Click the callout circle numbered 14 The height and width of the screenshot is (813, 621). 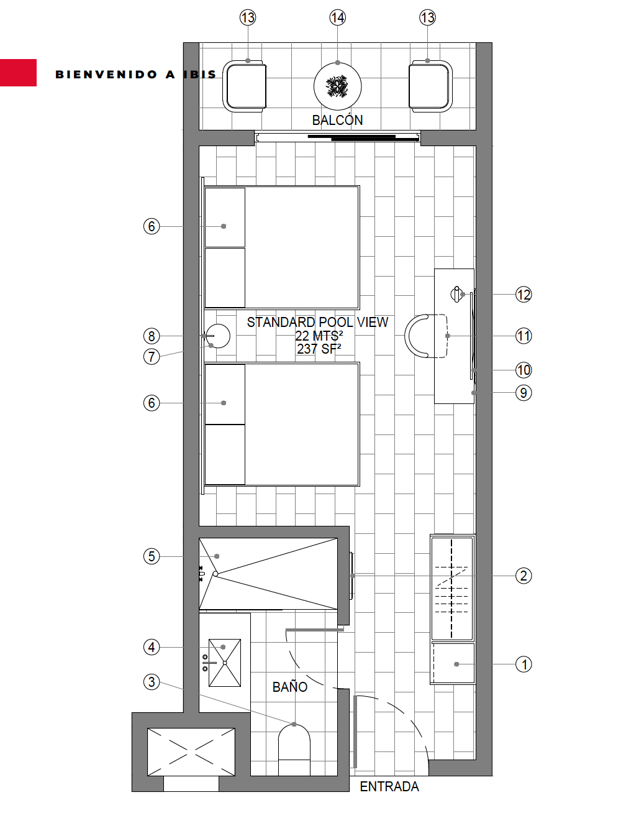click(338, 17)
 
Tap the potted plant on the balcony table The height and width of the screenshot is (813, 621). click(337, 86)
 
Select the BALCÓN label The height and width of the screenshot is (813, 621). click(337, 120)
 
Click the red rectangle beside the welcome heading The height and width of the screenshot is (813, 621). click(18, 73)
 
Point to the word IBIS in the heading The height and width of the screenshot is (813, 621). click(200, 75)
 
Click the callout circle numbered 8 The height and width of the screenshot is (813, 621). click(152, 336)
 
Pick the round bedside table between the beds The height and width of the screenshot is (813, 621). click(218, 336)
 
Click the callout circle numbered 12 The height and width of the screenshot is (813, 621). click(524, 295)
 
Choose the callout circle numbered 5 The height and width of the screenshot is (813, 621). click(152, 556)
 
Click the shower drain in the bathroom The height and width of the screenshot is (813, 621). click(215, 574)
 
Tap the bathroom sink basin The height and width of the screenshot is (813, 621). click(225, 663)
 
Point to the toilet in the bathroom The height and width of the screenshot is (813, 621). click(294, 750)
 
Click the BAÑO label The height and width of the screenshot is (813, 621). click(290, 687)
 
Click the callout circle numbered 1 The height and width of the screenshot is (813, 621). click(524, 664)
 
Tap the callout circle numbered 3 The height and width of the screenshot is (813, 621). click(152, 682)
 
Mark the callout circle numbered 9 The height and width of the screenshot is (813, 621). click(524, 393)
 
